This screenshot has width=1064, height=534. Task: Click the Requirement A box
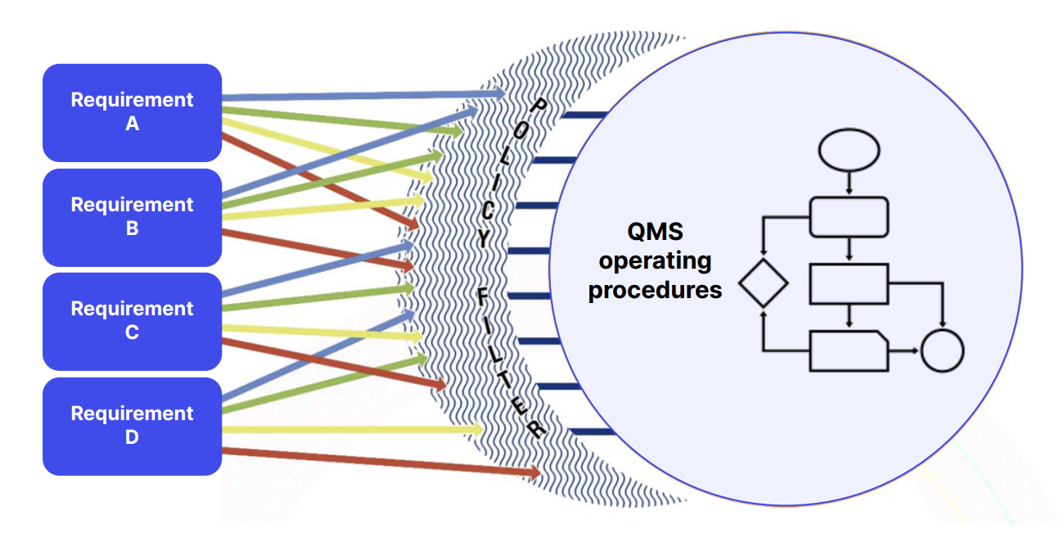coord(132,112)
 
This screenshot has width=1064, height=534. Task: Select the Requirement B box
coord(132,217)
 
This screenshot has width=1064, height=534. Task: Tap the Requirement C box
coord(132,321)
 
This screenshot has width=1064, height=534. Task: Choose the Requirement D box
coord(132,426)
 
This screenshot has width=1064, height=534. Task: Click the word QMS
coord(655,232)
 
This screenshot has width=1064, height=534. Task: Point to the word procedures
coord(655,290)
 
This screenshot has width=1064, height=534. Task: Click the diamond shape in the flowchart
coord(763,284)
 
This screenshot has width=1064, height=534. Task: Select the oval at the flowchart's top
coord(849,151)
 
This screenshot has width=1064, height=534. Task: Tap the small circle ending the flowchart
coord(942,351)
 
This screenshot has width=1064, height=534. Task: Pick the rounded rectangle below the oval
coord(849,217)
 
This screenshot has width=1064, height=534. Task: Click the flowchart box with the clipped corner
coord(848,351)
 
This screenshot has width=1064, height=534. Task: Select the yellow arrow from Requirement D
coord(352,428)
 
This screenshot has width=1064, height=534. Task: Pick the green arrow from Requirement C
coord(319,298)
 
